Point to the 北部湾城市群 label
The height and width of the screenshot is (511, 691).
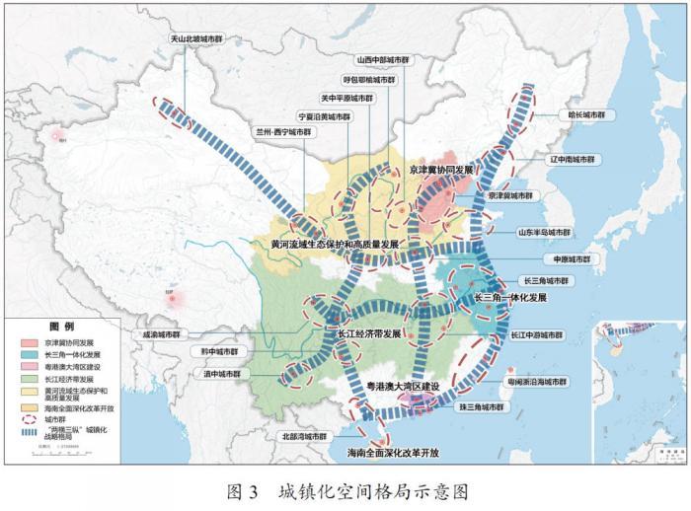coord(303,435)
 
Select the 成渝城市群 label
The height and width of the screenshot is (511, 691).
coord(162,335)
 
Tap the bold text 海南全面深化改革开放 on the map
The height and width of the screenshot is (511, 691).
coord(392,453)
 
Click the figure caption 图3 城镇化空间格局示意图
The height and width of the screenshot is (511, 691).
coord(346,490)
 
